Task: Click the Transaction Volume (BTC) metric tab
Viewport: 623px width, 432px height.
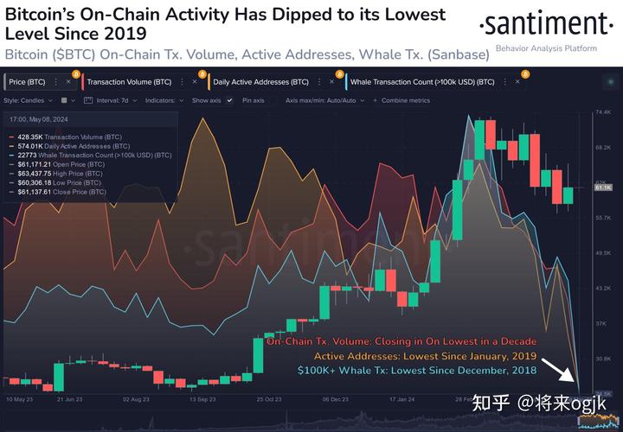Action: [x=128, y=82]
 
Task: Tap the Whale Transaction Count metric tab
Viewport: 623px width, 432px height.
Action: [x=422, y=82]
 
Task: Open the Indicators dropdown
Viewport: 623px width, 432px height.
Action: [x=164, y=100]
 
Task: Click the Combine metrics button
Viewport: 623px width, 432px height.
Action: [x=403, y=100]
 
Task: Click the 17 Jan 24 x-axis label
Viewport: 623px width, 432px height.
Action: [x=400, y=400]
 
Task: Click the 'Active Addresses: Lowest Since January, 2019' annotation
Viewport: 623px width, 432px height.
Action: [x=425, y=356]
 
